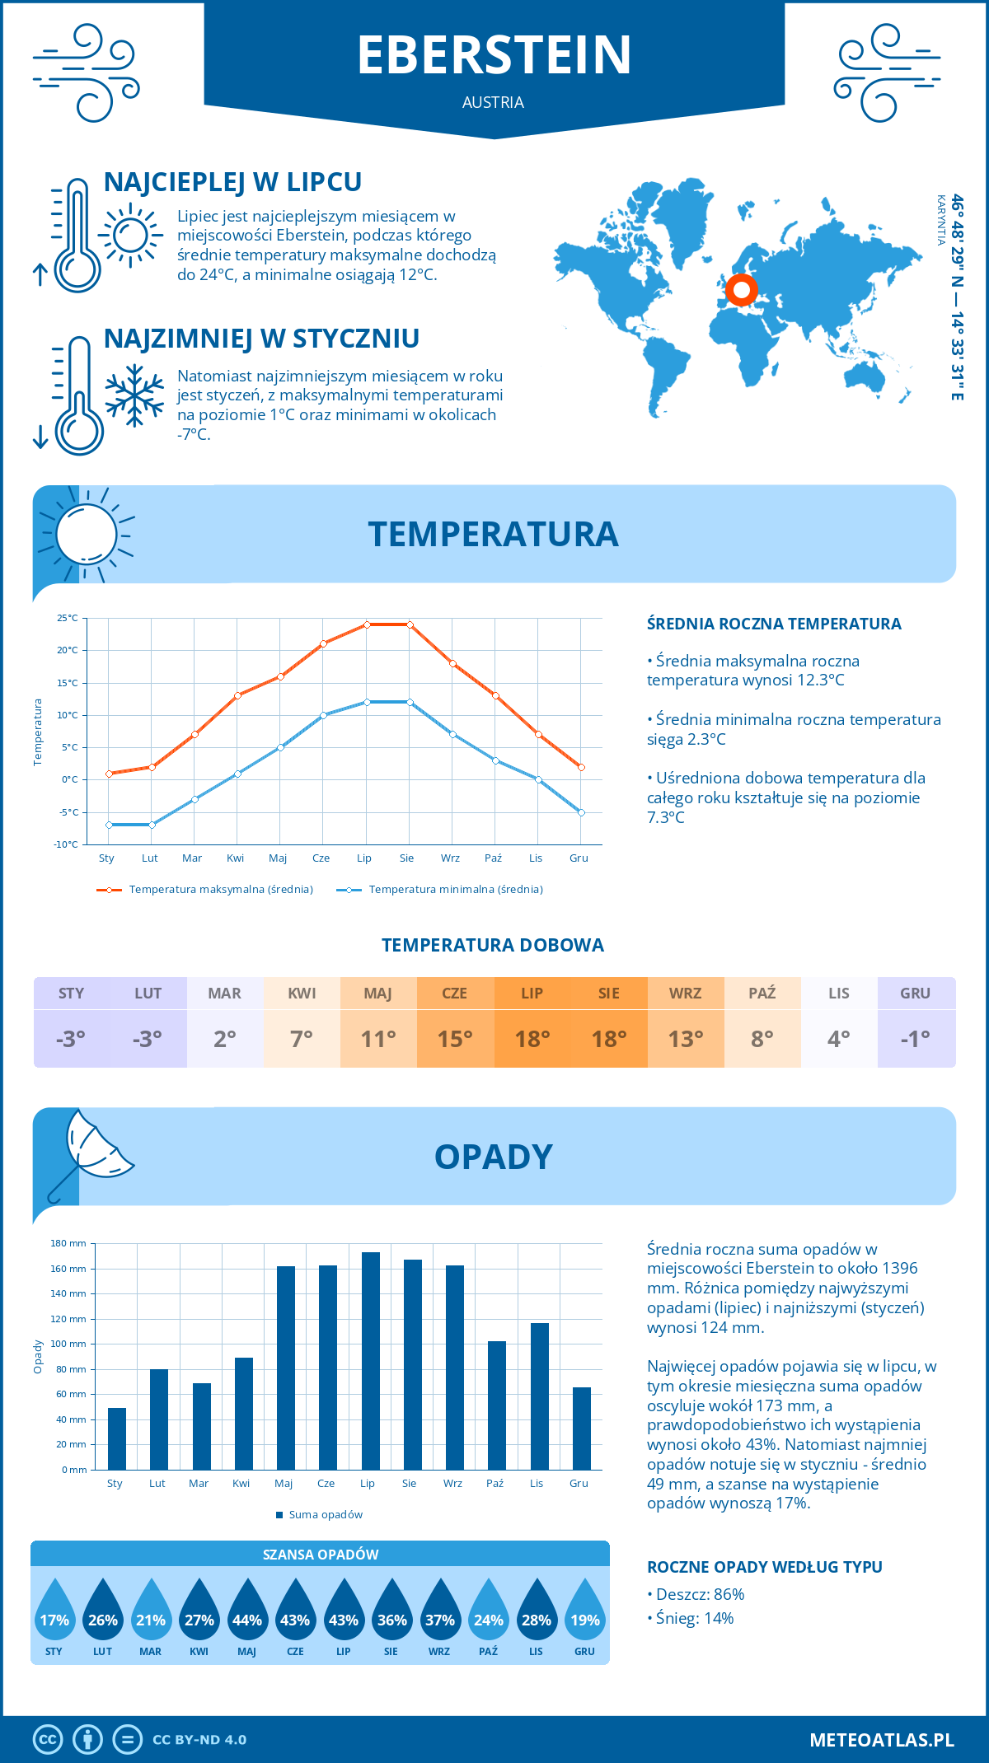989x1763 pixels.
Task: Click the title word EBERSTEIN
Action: pyautogui.click(x=494, y=55)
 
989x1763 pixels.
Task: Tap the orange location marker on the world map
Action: pyautogui.click(x=741, y=290)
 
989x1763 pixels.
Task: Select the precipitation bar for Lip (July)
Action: pyautogui.click(x=371, y=1361)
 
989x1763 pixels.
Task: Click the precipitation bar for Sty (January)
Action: pyautogui.click(x=117, y=1438)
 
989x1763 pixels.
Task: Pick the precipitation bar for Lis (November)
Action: pyautogui.click(x=540, y=1396)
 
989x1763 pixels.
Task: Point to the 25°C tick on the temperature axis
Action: pyautogui.click(x=68, y=618)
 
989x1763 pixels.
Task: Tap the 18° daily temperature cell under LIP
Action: pyautogui.click(x=532, y=1039)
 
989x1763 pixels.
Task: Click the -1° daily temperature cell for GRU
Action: pyautogui.click(x=916, y=1039)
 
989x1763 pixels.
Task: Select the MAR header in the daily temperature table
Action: pyautogui.click(x=225, y=994)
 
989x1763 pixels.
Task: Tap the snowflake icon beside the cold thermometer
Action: pyautogui.click(x=134, y=395)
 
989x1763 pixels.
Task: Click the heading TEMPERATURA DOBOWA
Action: pyautogui.click(x=493, y=945)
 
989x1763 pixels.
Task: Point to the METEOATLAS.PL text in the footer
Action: pyautogui.click(x=881, y=1740)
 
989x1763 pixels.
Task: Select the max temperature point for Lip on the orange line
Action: pyautogui.click(x=367, y=624)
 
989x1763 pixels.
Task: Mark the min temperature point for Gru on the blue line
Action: pyautogui.click(x=581, y=812)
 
